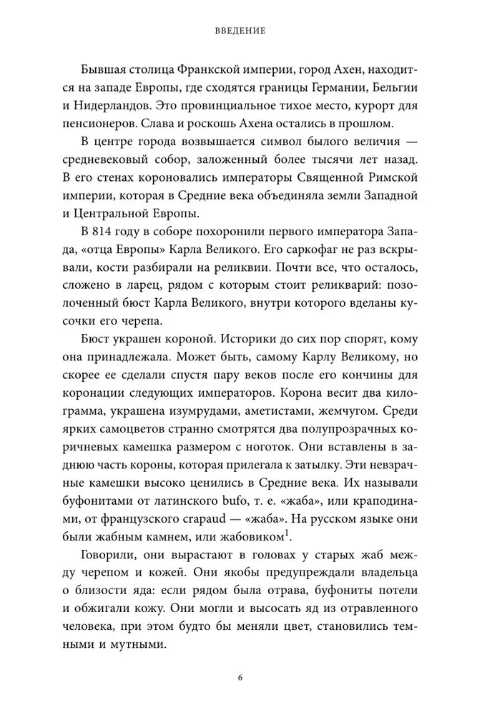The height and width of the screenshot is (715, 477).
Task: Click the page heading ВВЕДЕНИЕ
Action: click(240, 31)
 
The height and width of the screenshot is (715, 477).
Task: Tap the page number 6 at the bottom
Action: click(240, 677)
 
